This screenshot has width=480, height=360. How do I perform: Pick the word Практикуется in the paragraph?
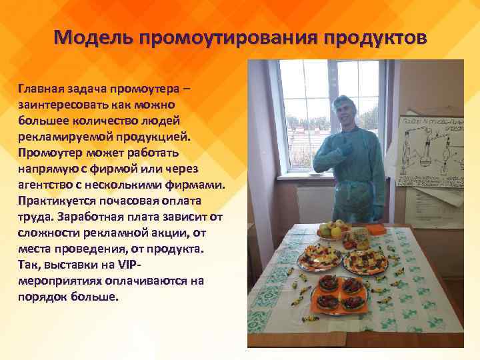(56, 200)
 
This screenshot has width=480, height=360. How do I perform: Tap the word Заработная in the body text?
(92, 216)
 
